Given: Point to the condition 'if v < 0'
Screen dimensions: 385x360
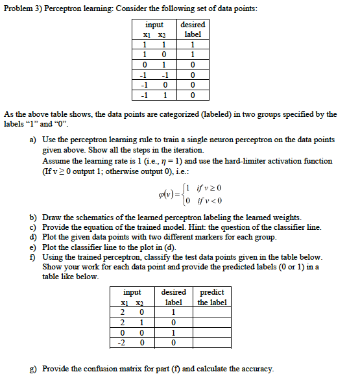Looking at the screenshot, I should [208, 198].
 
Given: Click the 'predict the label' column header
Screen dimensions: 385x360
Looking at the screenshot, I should [211, 297].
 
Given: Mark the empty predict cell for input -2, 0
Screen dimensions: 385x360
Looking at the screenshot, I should [211, 342].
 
